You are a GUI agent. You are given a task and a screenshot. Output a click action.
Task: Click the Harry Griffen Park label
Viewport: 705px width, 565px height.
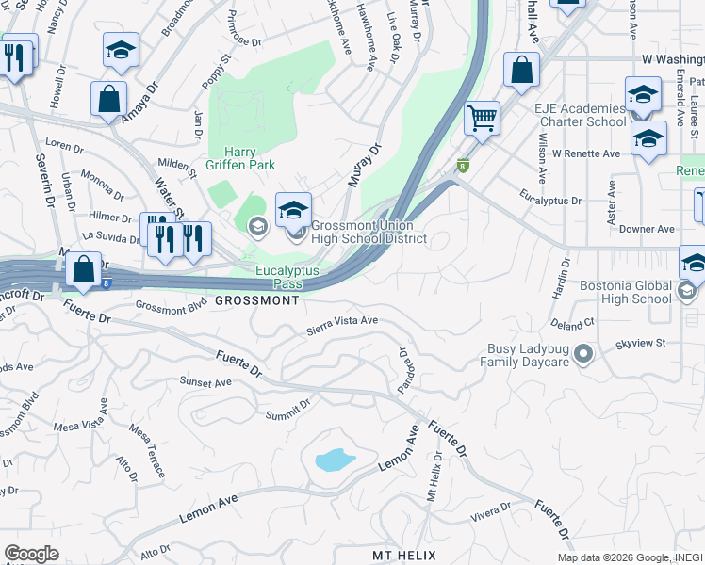pos(249,158)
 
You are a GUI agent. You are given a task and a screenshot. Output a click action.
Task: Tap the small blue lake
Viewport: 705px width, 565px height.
pos(335,460)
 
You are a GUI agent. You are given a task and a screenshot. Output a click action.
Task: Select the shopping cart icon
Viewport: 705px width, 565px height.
pos(482,119)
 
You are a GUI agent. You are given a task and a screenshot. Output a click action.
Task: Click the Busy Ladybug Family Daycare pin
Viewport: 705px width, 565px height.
pos(583,354)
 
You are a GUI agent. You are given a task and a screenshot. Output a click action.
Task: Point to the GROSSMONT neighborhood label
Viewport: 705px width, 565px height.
pos(256,300)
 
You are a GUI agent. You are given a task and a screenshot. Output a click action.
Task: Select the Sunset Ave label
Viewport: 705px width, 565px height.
pos(205,382)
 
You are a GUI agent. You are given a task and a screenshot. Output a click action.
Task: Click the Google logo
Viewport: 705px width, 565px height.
pos(31,553)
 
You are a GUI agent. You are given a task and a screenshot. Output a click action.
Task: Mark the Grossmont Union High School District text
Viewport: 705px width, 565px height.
pos(369,233)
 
